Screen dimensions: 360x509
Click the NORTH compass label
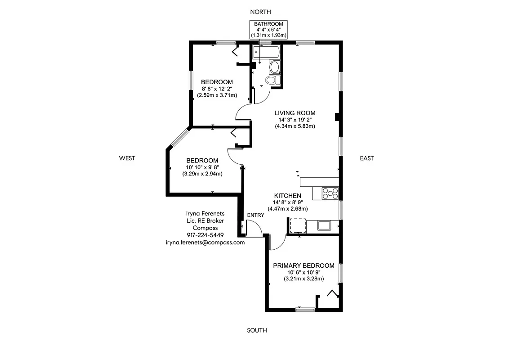pos(261,12)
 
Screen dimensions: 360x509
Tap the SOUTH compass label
pos(257,330)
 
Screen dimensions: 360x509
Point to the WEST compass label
pos(127,158)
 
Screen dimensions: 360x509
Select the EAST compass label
pos(366,158)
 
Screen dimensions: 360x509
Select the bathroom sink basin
pos(274,68)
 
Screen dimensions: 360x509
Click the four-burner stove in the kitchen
pos(330,193)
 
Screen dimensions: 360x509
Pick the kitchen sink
pos(324,225)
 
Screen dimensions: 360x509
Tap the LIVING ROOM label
pos(295,113)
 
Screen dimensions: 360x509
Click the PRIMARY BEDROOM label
pos(304,265)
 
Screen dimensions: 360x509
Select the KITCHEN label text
pos(288,196)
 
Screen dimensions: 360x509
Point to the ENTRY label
pos(255,215)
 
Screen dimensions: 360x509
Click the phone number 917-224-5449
pos(205,235)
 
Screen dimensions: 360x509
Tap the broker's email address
pos(205,242)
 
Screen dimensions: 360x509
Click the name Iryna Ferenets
pos(205,213)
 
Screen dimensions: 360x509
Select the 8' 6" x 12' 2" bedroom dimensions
pos(217,89)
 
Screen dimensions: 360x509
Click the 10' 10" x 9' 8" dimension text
pos(202,167)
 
